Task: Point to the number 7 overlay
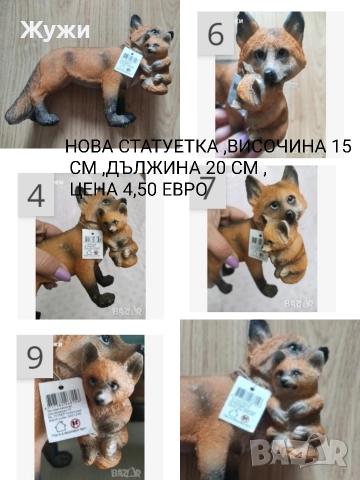(x=209, y=190)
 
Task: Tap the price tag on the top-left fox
(x=127, y=62)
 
